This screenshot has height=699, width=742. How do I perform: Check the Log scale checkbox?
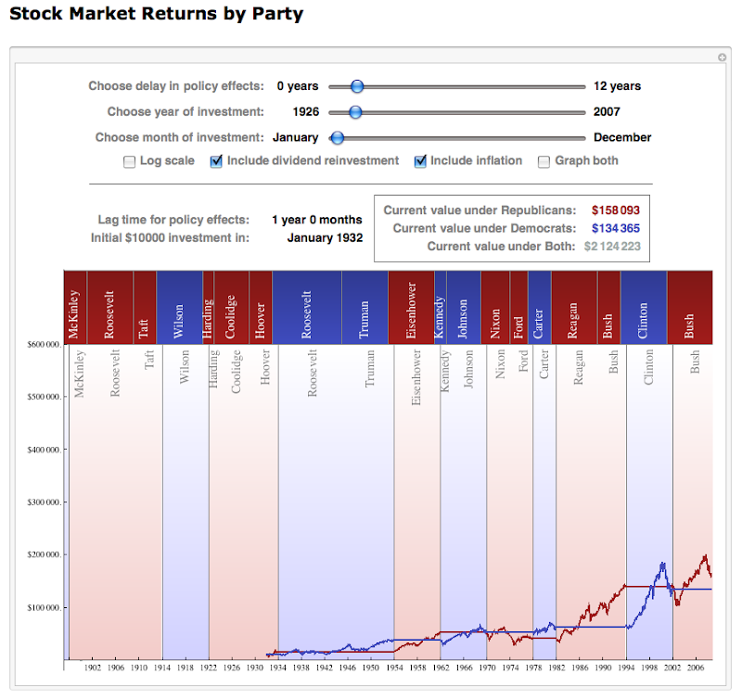[x=130, y=161]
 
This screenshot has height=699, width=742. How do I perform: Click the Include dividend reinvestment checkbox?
[x=216, y=161]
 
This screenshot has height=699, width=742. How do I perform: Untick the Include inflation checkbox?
[x=419, y=161]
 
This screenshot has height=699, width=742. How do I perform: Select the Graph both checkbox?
[x=544, y=161]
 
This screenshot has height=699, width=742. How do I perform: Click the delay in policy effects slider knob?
[x=356, y=86]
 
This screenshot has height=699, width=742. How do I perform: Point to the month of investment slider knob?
[x=338, y=138]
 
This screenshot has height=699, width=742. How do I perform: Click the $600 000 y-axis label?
[x=45, y=344]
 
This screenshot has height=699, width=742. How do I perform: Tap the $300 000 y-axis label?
[x=45, y=502]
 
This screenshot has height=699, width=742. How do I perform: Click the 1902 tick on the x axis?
[x=92, y=667]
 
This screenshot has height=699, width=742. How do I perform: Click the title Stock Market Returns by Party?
[x=156, y=14]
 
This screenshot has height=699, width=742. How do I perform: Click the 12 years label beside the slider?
[x=617, y=86]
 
